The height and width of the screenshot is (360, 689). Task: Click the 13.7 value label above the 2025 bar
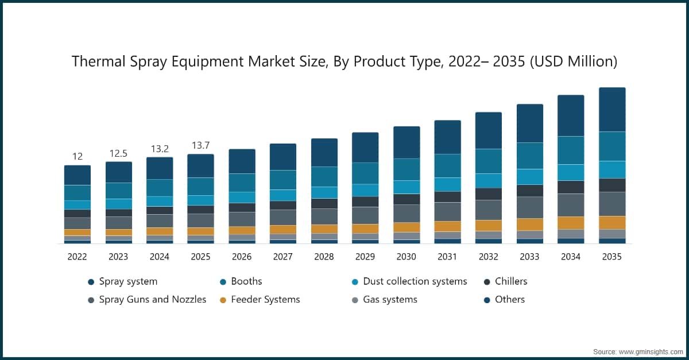point(200,145)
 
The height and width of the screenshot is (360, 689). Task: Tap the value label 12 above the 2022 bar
point(78,157)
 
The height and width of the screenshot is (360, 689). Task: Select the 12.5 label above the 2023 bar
point(118,153)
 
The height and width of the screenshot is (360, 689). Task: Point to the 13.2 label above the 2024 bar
point(160,149)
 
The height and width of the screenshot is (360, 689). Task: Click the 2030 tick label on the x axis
point(406,257)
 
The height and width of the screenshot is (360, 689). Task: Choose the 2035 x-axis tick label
point(611,257)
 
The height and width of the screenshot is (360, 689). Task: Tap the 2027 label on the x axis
point(282,257)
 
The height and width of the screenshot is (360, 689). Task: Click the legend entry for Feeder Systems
point(265,299)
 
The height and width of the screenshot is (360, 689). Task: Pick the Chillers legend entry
point(511,281)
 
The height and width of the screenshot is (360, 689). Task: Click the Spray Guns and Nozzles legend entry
point(152,299)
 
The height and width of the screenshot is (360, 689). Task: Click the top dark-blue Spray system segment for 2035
point(612,110)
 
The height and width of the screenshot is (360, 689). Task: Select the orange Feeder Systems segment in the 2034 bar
point(571,223)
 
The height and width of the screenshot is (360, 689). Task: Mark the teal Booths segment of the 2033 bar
point(529,156)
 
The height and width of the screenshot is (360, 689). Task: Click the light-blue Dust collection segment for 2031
point(447,184)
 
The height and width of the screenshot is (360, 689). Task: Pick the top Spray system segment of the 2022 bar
point(78,175)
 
